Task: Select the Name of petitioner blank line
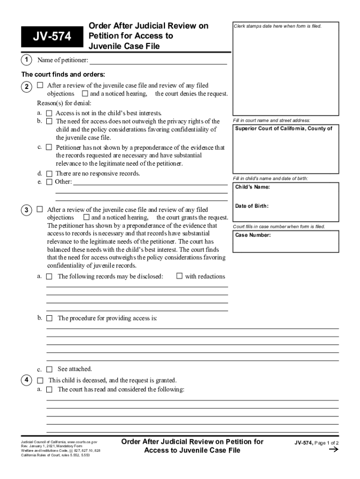coord(158,60)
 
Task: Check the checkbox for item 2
coord(40,86)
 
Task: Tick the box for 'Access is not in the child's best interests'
coord(49,113)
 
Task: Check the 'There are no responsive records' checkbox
coord(49,174)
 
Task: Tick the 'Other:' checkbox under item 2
coord(49,182)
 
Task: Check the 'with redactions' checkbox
coord(179,276)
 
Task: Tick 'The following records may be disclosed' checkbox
coord(49,276)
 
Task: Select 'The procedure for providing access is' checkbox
coord(49,319)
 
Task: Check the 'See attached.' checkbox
coord(49,369)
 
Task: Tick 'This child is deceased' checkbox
coord(40,381)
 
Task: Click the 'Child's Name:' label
coord(252,188)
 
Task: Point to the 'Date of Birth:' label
coord(252,206)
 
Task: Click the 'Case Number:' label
coord(253,235)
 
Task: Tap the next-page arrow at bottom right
coord(333,450)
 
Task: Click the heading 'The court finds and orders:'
coord(63,75)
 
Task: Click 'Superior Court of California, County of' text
coord(283,129)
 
